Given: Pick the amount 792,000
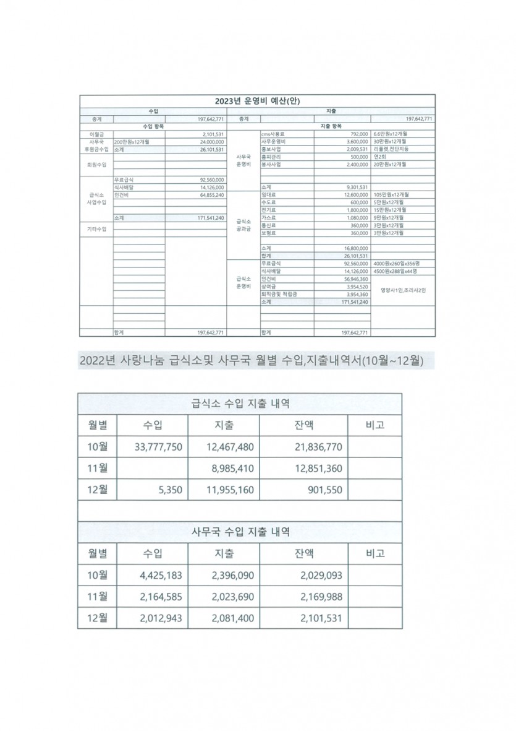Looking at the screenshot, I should [x=359, y=134].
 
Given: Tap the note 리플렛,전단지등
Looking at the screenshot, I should [x=391, y=149].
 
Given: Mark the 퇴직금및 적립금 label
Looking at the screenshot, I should [x=279, y=295].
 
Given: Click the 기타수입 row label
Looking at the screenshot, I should [x=97, y=230].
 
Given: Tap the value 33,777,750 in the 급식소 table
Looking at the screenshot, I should [x=158, y=447].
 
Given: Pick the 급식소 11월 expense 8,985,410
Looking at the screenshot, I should [x=232, y=469].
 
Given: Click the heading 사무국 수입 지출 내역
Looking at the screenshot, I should [x=239, y=532].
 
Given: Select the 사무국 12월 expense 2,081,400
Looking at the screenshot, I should [x=232, y=618].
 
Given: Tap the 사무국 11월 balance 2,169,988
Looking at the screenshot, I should [x=321, y=597].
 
